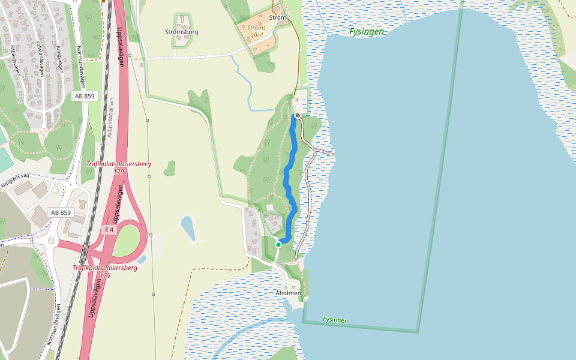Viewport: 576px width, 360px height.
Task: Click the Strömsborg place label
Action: pos(181,32)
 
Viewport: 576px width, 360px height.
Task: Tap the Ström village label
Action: pos(278,18)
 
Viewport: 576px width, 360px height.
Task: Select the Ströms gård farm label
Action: pos(256,31)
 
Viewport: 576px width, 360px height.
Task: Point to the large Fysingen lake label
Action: pos(366,32)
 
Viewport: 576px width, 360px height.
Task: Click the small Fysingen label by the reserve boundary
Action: pos(335,320)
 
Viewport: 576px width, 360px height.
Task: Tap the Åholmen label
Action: pos(288,293)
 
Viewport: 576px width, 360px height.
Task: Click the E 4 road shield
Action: pos(109,230)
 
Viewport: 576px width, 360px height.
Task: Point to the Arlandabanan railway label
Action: pos(110,119)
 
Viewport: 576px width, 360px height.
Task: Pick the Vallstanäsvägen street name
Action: pos(40,58)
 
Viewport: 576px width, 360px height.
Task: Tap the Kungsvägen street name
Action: pos(59,60)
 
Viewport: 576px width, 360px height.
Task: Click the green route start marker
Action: pos(278,244)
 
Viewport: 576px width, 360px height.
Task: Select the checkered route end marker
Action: pos(298,115)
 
